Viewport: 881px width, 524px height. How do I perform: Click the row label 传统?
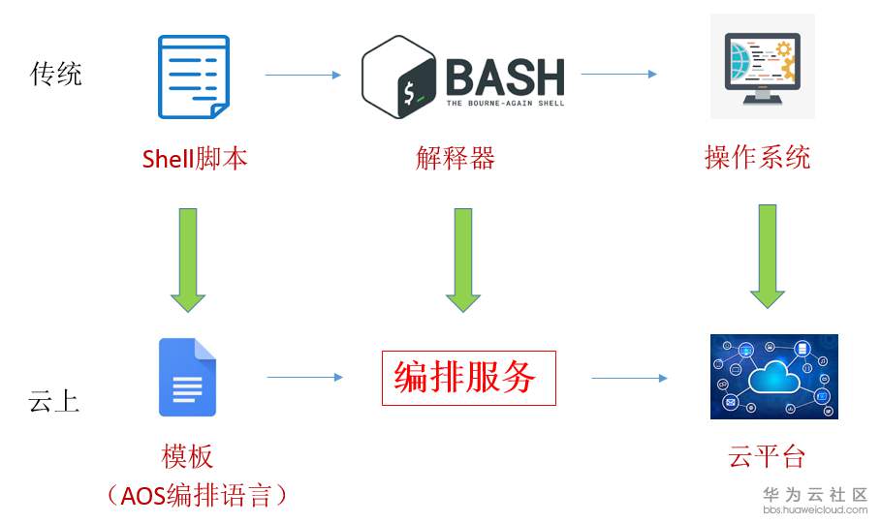[56, 74]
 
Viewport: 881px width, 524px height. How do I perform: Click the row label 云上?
[54, 403]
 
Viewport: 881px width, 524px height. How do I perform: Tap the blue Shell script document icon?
[194, 77]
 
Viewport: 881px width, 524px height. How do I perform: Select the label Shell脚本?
[195, 158]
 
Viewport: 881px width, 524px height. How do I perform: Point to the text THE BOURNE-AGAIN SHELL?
[504, 101]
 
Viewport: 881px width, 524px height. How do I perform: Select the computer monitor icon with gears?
[762, 68]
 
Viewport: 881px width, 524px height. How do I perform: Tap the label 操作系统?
[757, 158]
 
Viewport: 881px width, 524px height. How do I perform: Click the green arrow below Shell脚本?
[188, 259]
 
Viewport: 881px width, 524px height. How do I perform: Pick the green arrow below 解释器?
[463, 259]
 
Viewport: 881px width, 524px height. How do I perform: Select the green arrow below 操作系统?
[769, 256]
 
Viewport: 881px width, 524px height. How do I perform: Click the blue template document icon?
[188, 377]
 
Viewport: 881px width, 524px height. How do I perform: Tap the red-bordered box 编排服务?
[469, 378]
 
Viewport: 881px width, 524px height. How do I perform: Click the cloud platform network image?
[773, 377]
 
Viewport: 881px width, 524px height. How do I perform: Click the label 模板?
[187, 456]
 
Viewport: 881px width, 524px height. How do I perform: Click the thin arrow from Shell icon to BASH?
[302, 75]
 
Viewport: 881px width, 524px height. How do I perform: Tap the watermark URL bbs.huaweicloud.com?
[814, 510]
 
